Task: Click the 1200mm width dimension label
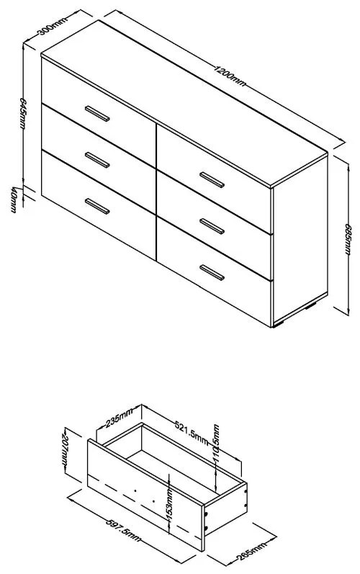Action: click(230, 75)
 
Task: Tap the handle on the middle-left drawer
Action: click(96, 158)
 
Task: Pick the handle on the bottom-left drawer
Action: click(96, 205)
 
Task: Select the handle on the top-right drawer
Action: click(212, 177)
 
